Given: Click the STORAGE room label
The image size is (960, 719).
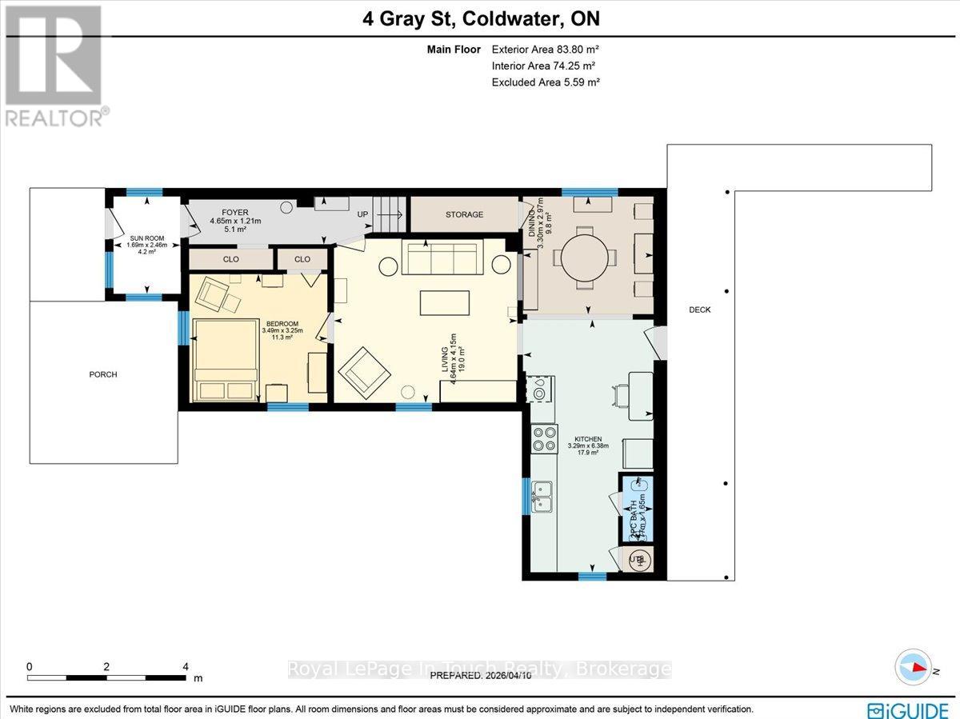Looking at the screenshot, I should [x=464, y=214].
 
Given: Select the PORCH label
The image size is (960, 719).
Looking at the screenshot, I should [x=103, y=374].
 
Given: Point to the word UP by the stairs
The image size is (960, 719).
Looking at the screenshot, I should [x=362, y=214].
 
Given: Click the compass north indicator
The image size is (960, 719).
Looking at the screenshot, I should [x=914, y=668].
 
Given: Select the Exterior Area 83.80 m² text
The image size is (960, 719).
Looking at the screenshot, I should [x=544, y=50].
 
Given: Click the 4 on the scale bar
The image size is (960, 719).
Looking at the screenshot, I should [x=186, y=666].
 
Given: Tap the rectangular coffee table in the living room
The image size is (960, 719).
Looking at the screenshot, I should [x=444, y=302].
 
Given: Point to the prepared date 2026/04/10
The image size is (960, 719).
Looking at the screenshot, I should [x=481, y=676].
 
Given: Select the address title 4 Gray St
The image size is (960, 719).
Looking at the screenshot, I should [x=479, y=18].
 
